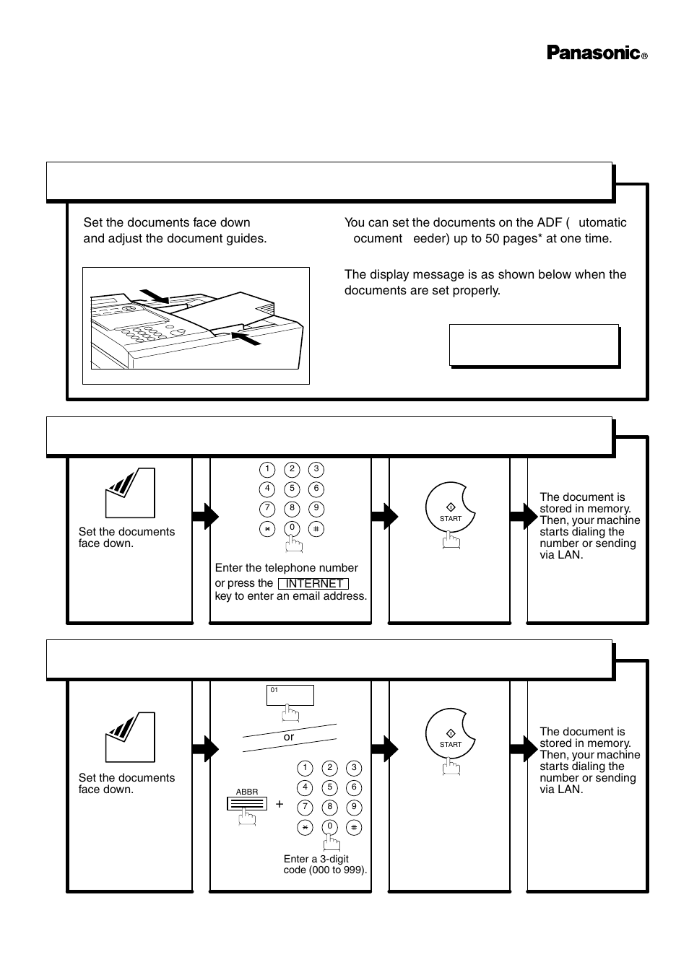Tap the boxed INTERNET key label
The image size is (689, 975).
point(313,583)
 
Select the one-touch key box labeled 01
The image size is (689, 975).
point(290,695)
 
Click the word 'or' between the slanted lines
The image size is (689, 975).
point(289,737)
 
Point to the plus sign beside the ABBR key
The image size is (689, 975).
point(279,803)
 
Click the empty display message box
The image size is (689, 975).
point(534,345)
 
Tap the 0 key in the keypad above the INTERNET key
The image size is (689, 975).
point(292,528)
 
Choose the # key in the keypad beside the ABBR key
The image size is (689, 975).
point(354,827)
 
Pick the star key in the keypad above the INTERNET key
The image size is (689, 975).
point(267,528)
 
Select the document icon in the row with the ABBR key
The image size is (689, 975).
point(130,737)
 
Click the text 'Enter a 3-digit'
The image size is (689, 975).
point(316,859)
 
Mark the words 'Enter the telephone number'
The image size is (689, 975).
point(286,568)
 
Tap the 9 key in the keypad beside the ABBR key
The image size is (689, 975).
point(354,807)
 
